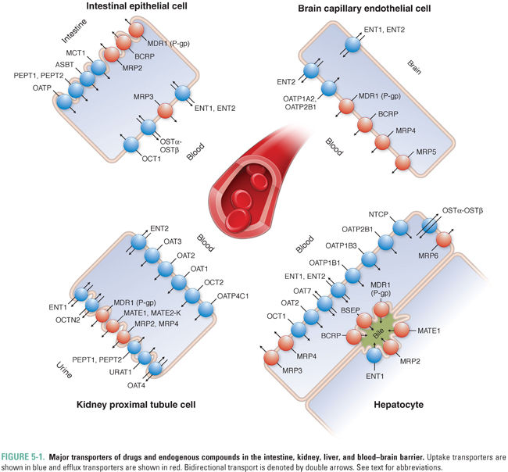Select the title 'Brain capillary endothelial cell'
point(375,9)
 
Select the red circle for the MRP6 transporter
point(444,240)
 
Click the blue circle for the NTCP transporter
point(402,228)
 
